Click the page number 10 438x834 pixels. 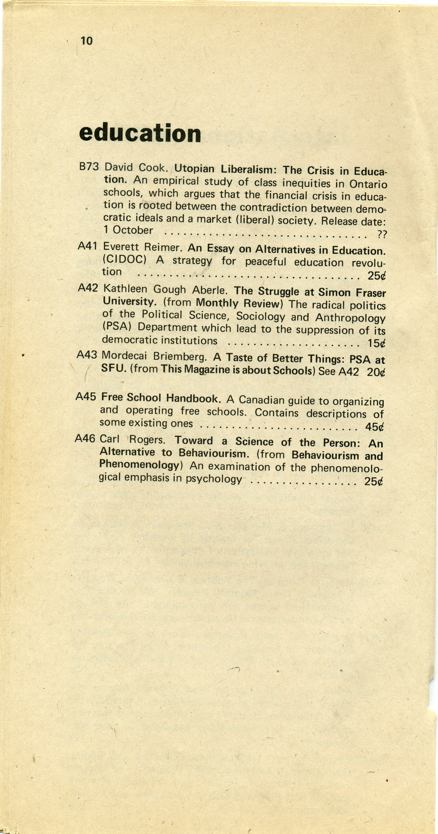(86, 41)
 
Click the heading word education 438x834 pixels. (140, 133)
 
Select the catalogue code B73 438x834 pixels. (89, 166)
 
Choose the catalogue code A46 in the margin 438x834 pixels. (84, 438)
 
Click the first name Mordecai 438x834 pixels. (125, 356)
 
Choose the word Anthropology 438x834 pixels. (350, 317)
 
